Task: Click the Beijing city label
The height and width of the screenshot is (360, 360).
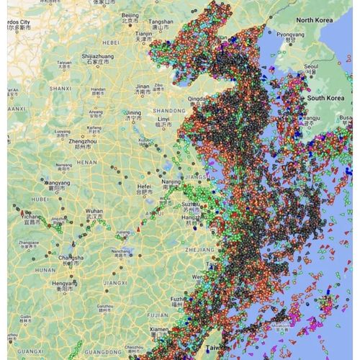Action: click(x=130, y=14)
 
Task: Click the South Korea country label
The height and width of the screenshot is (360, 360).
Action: click(x=328, y=97)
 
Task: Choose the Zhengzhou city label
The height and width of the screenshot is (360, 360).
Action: click(x=83, y=143)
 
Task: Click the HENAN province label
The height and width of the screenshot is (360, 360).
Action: click(x=86, y=162)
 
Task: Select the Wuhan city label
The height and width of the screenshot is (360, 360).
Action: click(x=94, y=212)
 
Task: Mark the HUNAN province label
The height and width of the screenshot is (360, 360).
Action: click(x=45, y=270)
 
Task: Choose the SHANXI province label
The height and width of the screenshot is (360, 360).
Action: click(x=60, y=88)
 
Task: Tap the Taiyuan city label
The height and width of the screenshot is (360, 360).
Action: click(x=65, y=63)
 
